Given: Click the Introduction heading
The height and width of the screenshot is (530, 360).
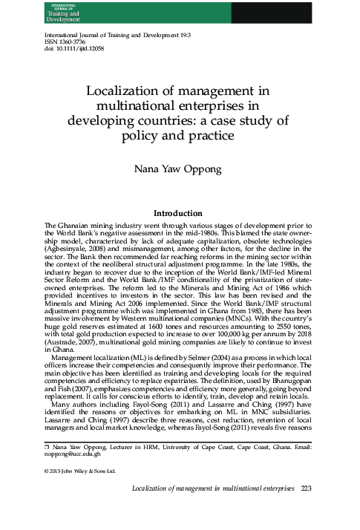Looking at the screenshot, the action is click(x=179, y=212).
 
